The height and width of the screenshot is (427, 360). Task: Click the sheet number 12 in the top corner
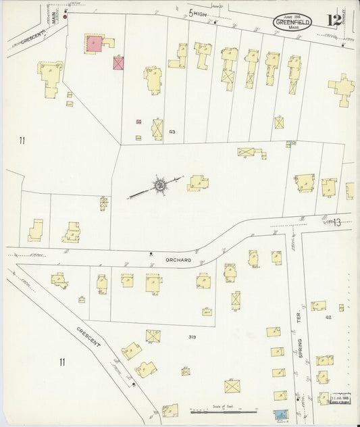(x=334, y=20)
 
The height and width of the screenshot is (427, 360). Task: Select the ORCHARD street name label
(x=179, y=259)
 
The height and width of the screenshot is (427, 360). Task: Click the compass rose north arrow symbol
(x=160, y=184)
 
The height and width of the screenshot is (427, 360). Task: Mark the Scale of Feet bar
(x=223, y=410)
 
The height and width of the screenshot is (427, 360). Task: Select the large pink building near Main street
(x=94, y=43)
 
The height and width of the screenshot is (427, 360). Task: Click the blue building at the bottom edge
(x=280, y=414)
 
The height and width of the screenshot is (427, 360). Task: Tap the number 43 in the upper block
(x=172, y=131)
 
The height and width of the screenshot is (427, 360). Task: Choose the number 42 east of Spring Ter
(x=328, y=317)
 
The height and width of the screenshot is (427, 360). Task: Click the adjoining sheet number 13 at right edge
(x=338, y=222)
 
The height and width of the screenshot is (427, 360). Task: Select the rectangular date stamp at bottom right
(x=341, y=399)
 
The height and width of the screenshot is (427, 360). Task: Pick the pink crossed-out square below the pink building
(x=119, y=64)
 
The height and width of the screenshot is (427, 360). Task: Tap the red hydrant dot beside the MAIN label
(x=66, y=16)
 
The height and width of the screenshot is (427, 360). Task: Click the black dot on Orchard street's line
(x=150, y=253)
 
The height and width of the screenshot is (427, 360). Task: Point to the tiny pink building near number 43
(x=138, y=122)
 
